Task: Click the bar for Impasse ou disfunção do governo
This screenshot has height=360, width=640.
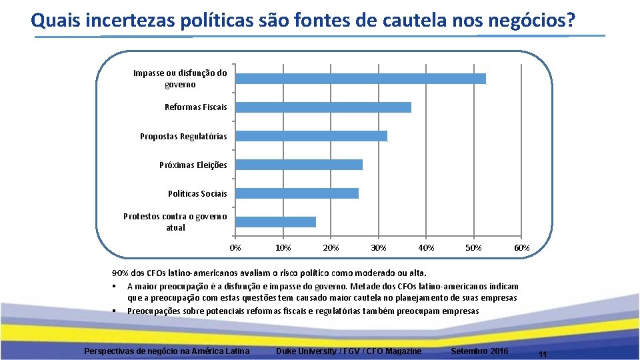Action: tap(361, 79)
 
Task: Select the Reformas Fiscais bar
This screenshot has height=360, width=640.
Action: tap(323, 107)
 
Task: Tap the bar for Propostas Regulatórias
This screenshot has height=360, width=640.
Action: tap(311, 136)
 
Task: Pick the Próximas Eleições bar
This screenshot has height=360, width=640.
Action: tap(299, 165)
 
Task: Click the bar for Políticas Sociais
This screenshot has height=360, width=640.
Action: tap(297, 193)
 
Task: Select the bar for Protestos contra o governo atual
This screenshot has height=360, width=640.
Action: tap(276, 222)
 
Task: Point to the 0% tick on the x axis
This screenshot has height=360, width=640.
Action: tap(235, 248)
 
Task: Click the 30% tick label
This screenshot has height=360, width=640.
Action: tap(378, 248)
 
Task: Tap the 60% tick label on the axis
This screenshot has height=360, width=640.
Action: tap(521, 248)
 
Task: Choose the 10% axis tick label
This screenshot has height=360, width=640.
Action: tap(283, 248)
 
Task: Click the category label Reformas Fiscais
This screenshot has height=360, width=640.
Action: tap(195, 107)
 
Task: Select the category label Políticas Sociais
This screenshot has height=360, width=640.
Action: tap(197, 193)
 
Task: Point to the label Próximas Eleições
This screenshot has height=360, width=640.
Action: tap(193, 165)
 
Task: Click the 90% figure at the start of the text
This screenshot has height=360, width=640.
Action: tap(119, 273)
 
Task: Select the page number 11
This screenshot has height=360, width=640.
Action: tap(542, 355)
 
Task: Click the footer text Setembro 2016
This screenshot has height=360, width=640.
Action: tap(479, 351)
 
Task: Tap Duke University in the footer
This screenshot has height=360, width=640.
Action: tap(306, 351)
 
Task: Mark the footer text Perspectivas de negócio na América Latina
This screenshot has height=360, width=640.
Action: tap(167, 351)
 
